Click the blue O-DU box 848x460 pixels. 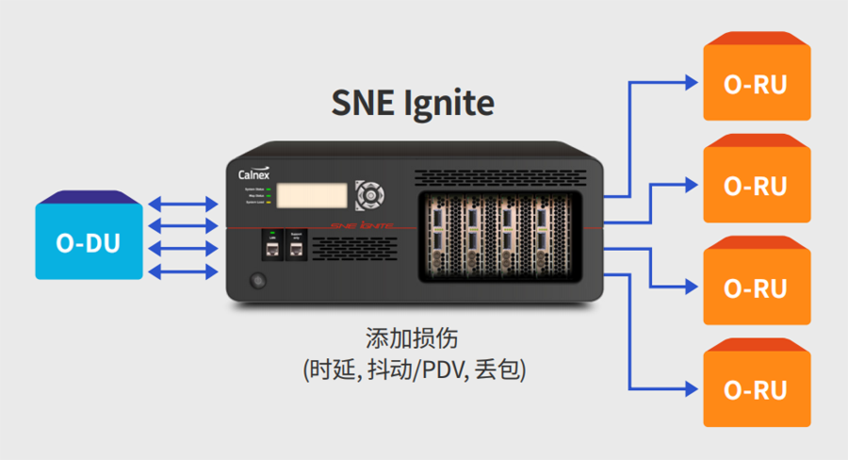(x=90, y=242)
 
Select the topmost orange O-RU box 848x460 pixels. (x=755, y=84)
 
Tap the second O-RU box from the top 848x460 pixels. (x=755, y=185)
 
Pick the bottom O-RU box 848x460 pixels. (x=755, y=388)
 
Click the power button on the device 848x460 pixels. (x=256, y=281)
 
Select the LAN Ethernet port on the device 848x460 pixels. (x=273, y=251)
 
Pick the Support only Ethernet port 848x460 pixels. (x=297, y=251)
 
